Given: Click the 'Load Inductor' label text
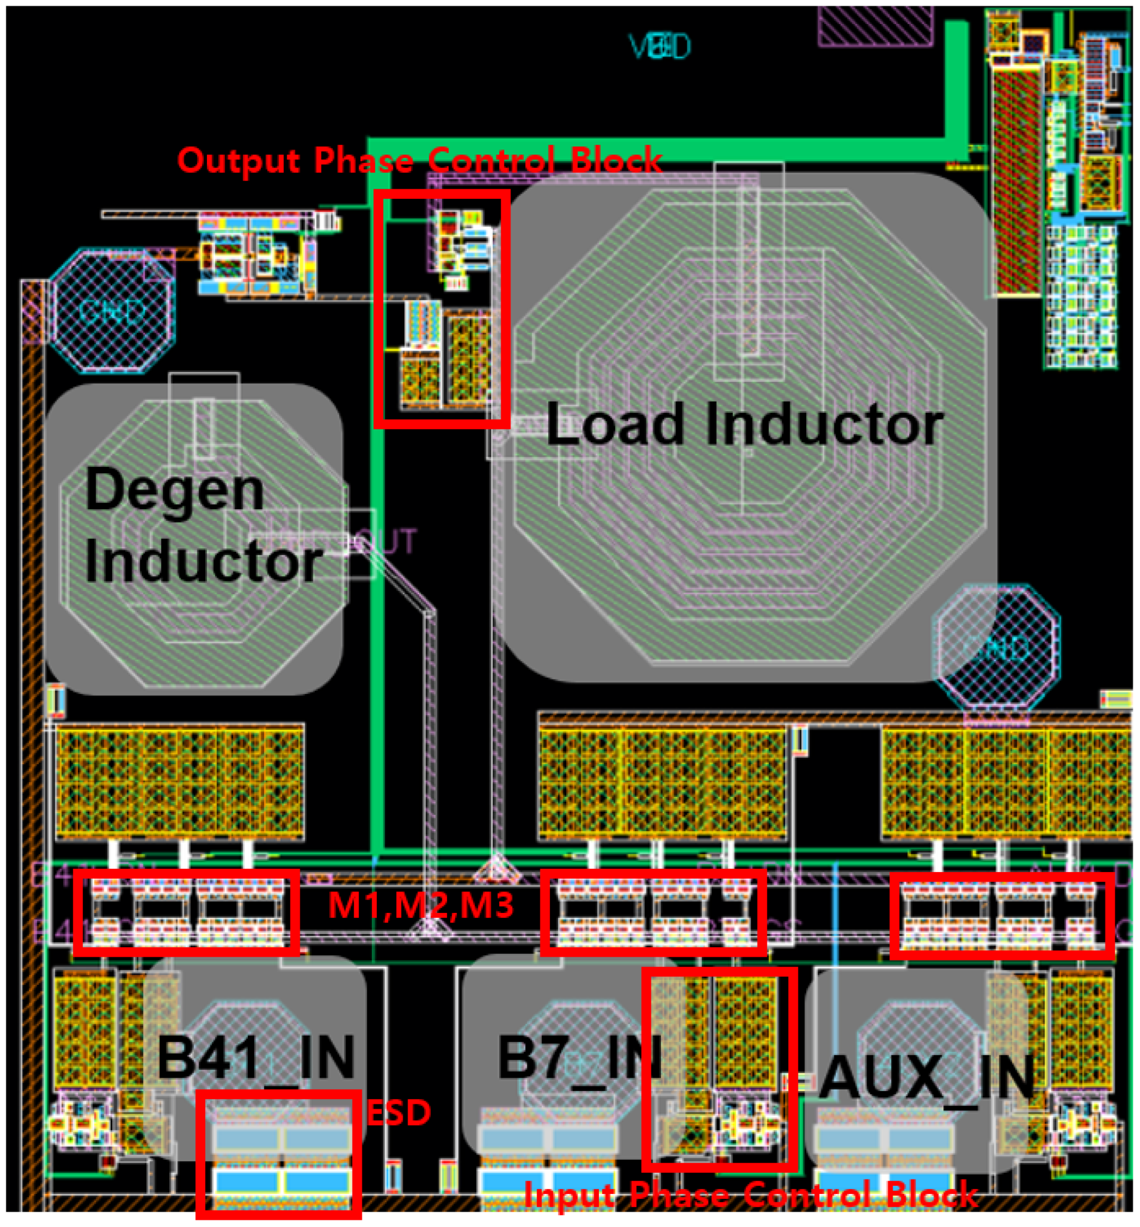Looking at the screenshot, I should [x=744, y=425].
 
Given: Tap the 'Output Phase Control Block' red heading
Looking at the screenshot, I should [x=419, y=160].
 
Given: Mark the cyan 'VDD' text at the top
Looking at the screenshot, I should [x=659, y=47].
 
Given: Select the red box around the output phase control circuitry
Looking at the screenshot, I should [x=441, y=309].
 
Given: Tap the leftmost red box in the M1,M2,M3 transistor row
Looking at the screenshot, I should [x=186, y=912].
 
